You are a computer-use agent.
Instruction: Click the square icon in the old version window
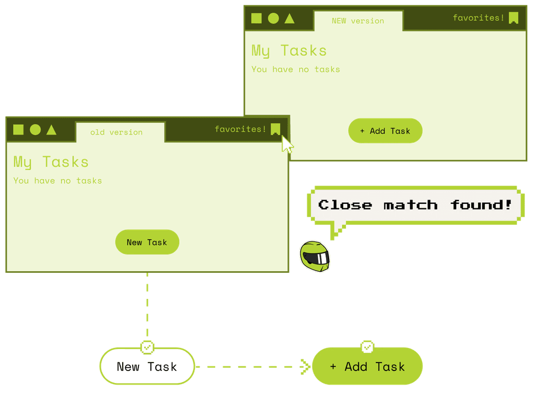18,130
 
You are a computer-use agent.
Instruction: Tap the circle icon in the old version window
35,130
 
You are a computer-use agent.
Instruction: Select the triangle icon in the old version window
51,130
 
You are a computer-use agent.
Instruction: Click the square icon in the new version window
257,19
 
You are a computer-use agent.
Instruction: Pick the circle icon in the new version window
273,19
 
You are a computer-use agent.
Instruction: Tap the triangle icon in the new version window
289,19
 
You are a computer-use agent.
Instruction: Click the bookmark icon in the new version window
514,18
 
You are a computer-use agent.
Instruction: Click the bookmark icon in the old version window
275,130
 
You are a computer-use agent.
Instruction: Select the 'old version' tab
120,132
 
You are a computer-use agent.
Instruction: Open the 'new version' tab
358,21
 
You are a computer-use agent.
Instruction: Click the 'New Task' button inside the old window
147,242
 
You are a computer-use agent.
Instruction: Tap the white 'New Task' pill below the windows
147,366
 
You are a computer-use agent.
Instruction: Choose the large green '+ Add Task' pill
367,366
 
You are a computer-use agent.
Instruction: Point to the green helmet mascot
315,256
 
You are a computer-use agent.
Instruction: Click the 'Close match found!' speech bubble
415,205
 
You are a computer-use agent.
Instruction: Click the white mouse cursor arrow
286,144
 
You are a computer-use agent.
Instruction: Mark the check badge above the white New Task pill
147,347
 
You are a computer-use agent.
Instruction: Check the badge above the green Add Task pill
367,347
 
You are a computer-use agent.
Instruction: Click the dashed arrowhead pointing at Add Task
305,366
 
